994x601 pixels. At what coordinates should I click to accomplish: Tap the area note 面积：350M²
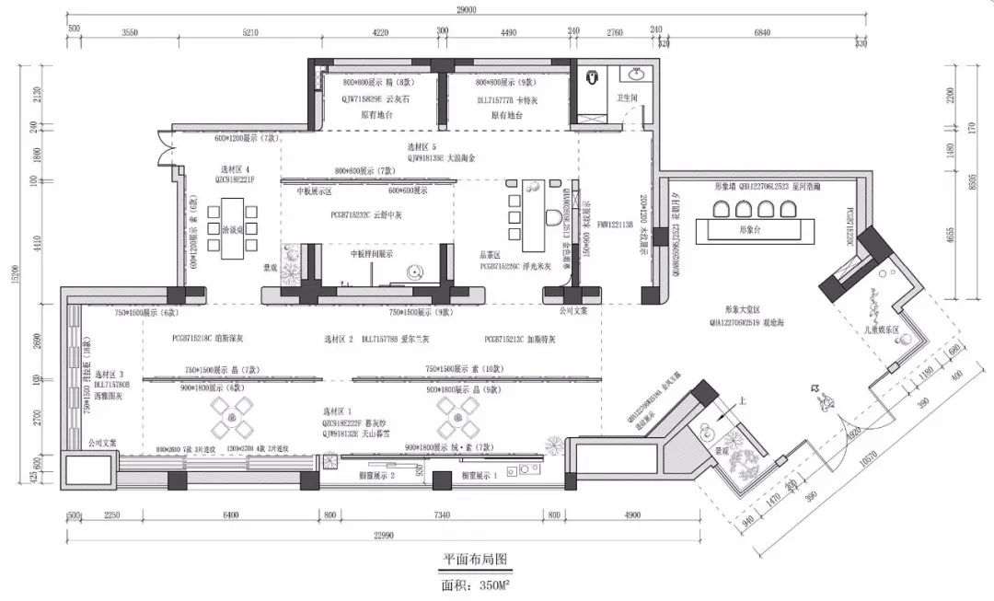point(475,584)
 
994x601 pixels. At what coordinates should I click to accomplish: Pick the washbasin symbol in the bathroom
point(635,73)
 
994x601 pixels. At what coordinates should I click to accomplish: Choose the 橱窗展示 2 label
point(376,476)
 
